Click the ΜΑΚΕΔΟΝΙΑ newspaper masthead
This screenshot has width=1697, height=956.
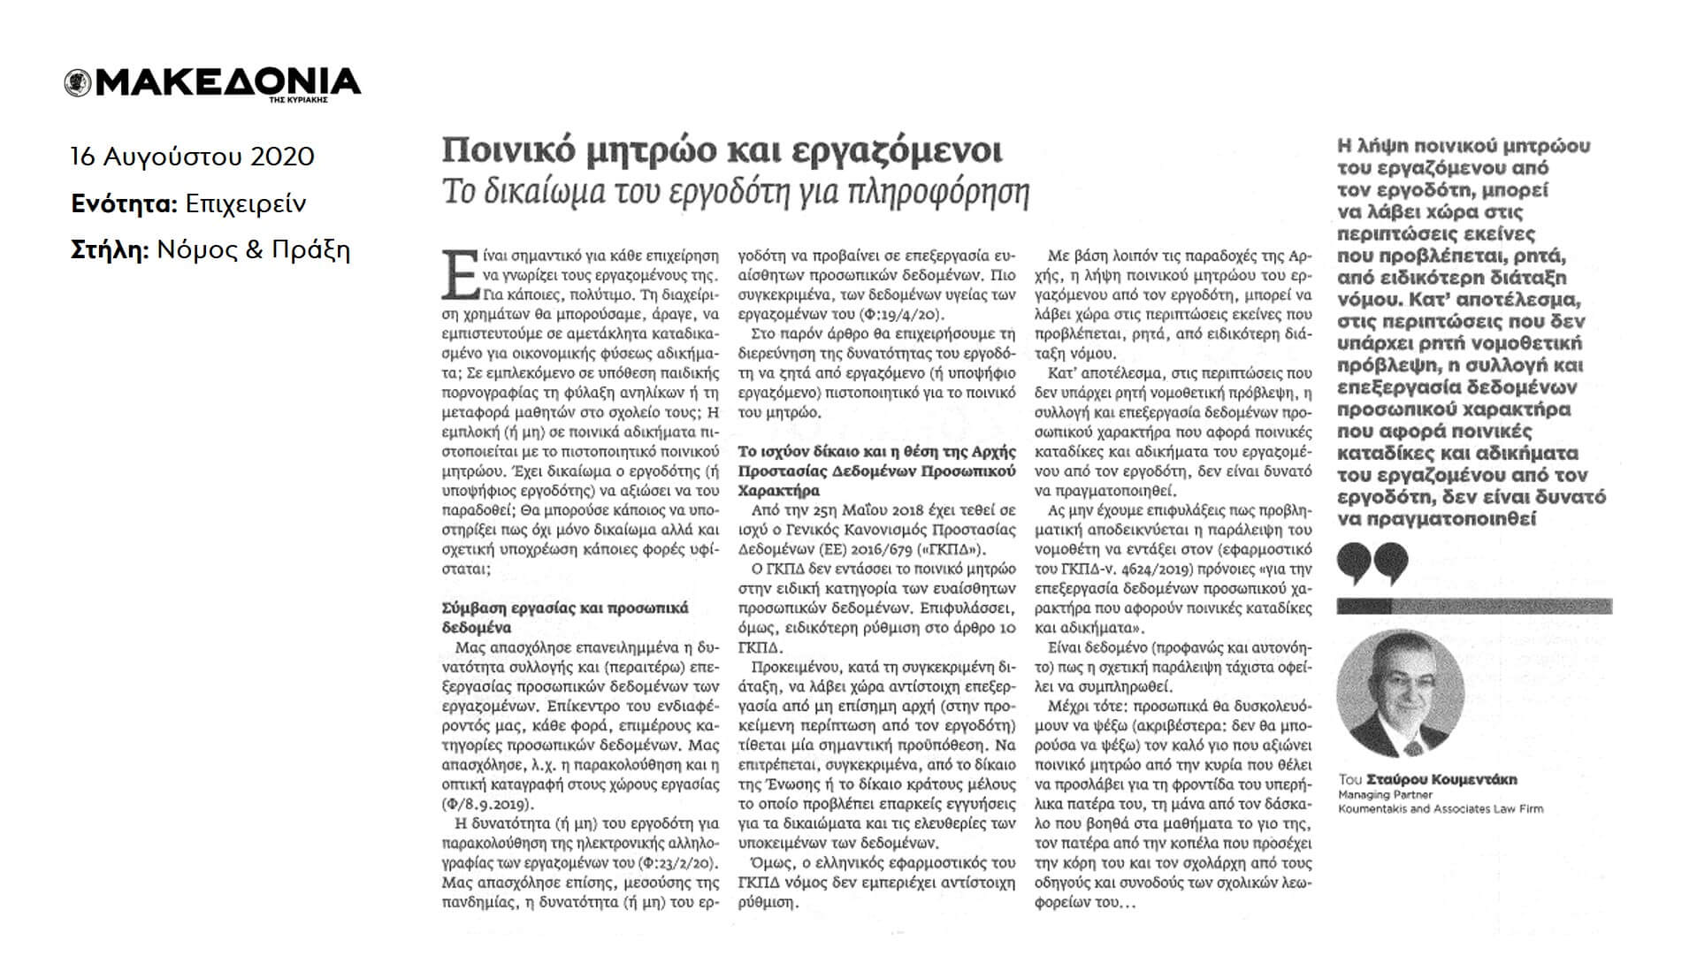226,81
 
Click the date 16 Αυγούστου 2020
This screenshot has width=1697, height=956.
193,157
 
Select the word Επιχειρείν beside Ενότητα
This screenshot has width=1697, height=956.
246,203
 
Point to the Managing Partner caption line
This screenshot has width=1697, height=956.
1374,794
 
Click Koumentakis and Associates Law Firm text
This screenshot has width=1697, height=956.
1440,808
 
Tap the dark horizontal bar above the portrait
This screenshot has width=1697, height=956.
1473,607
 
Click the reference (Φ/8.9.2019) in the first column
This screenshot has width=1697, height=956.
487,805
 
